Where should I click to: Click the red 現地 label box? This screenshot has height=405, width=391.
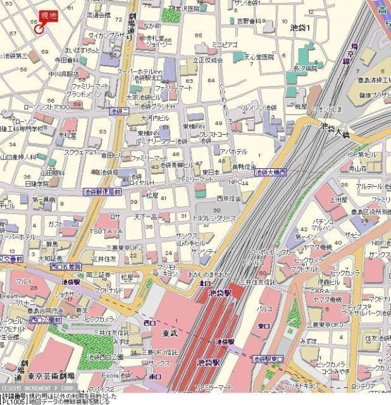click(x=48, y=16)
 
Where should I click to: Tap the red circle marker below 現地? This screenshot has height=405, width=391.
click(x=39, y=28)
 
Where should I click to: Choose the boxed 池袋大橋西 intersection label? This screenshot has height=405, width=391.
click(x=270, y=172)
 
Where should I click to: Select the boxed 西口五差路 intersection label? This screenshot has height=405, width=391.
click(x=66, y=266)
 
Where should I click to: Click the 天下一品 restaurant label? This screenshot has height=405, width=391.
click(x=144, y=217)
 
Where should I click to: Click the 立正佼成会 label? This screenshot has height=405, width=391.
click(x=208, y=59)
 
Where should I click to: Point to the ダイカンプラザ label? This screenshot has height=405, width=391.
click(x=106, y=35)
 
